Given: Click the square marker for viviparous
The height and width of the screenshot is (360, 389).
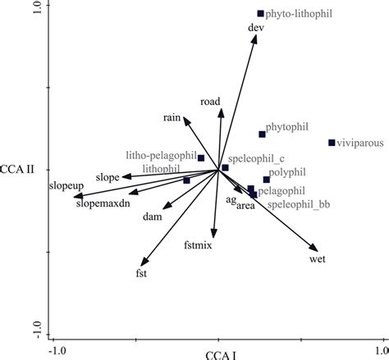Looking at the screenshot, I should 332,143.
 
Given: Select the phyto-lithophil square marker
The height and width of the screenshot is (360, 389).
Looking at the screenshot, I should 260,14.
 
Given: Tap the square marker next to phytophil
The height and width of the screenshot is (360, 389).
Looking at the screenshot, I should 262,134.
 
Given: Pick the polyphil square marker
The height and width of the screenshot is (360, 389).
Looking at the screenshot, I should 266,180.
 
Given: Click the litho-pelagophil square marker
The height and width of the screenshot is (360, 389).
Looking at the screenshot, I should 201,157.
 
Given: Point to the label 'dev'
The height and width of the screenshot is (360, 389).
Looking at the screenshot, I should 255,27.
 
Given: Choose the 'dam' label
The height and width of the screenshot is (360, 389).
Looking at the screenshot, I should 152,217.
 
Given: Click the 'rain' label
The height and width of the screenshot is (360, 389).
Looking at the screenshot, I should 171,118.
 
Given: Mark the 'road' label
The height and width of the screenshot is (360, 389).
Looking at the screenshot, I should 210,102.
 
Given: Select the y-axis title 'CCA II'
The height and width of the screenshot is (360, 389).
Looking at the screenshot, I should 18,171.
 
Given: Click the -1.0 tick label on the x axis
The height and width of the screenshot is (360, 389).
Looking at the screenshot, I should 56,350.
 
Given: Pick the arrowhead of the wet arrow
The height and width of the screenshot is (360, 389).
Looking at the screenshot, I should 313,248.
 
